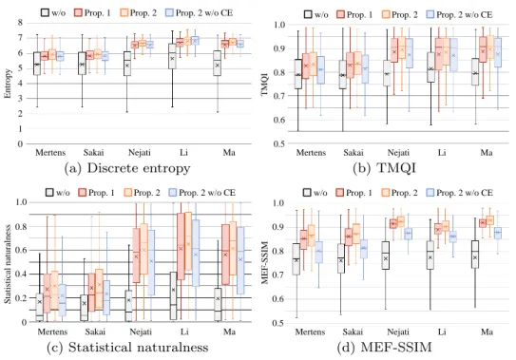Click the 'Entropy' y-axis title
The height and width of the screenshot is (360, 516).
coord(8,84)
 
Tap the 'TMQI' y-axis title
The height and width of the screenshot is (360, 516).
coord(264,85)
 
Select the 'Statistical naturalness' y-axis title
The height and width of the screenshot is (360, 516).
coord(8,264)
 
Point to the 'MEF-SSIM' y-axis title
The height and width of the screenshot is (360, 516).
coord(264,263)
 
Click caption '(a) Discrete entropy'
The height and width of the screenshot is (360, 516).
coord(127,168)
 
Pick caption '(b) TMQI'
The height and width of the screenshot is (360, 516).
coord(384,168)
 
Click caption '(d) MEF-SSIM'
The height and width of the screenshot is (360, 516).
coord(384,348)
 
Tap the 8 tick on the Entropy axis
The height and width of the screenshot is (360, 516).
coord(20,23)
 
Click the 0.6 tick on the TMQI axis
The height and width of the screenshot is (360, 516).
coord(279,120)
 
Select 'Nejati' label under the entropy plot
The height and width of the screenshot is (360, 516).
coord(139,153)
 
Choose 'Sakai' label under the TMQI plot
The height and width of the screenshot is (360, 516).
coord(354,153)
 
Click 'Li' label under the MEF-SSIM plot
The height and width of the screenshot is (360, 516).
coord(442,332)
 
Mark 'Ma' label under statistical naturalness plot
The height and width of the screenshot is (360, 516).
coord(229,332)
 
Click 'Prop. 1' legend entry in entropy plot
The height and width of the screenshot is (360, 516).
coord(92,13)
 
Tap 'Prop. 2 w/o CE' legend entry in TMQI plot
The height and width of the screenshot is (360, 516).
coord(459,15)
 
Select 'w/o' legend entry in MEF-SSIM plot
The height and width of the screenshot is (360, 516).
coord(315,193)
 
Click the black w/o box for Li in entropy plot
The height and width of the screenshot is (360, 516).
coord(172,56)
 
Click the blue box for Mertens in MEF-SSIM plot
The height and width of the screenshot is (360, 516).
coord(318,252)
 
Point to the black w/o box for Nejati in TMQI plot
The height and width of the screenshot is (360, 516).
coord(387,73)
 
